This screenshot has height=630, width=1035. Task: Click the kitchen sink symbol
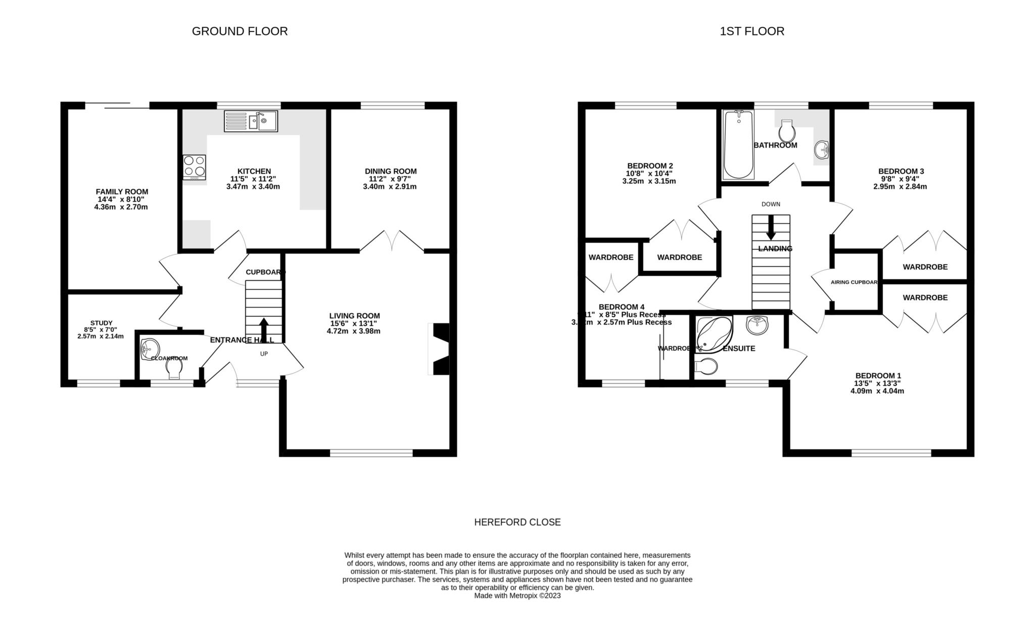pyautogui.click(x=251, y=121)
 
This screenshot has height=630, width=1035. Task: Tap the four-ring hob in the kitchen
pyautogui.click(x=195, y=166)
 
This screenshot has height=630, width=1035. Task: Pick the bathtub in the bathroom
pyautogui.click(x=738, y=144)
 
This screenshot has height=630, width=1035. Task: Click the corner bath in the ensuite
pyautogui.click(x=713, y=334)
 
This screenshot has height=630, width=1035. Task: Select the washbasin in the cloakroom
pyautogui.click(x=150, y=348)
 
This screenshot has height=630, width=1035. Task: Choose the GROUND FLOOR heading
pyautogui.click(x=240, y=31)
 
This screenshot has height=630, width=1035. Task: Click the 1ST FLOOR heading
pyautogui.click(x=751, y=31)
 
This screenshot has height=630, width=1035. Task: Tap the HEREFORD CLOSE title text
pyautogui.click(x=517, y=522)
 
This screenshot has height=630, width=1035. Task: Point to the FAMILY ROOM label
pyautogui.click(x=122, y=191)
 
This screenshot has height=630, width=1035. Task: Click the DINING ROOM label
pyautogui.click(x=391, y=171)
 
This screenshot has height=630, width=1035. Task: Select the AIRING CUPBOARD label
pyautogui.click(x=854, y=282)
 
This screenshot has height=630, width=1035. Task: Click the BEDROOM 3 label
pyautogui.click(x=901, y=171)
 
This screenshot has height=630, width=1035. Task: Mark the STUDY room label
pyautogui.click(x=101, y=323)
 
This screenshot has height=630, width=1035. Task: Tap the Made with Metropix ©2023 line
pyautogui.click(x=517, y=596)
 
